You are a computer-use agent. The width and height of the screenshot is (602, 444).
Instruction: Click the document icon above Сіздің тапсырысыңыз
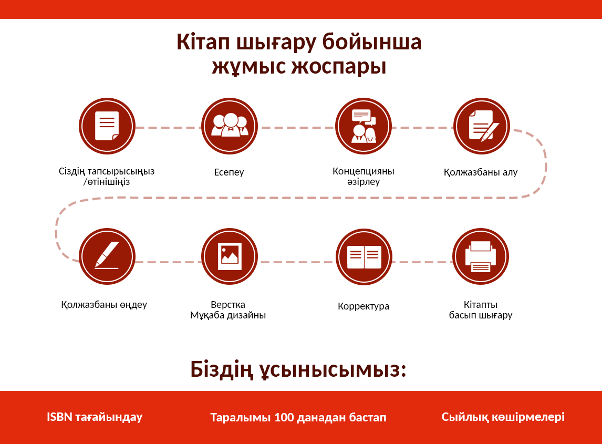click(x=107, y=126)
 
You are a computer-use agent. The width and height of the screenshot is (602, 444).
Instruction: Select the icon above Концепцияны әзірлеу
click(x=363, y=126)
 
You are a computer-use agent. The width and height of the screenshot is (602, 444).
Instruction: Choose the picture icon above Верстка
click(x=230, y=256)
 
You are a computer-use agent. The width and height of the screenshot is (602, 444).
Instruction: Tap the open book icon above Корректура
click(x=364, y=256)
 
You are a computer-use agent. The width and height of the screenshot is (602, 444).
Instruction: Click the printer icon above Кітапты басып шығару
click(x=481, y=256)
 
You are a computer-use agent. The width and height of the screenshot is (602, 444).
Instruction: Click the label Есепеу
click(x=229, y=172)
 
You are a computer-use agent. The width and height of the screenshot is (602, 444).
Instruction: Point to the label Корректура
click(x=363, y=306)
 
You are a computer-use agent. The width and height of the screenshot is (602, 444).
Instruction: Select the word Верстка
click(x=228, y=305)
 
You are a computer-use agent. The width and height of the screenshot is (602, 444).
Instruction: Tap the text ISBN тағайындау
click(x=95, y=417)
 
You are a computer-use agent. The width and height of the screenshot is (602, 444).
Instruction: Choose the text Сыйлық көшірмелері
click(x=503, y=417)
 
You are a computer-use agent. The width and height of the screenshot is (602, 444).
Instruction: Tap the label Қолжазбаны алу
click(x=481, y=172)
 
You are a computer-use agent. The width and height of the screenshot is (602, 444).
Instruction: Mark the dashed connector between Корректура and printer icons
click(x=422, y=262)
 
